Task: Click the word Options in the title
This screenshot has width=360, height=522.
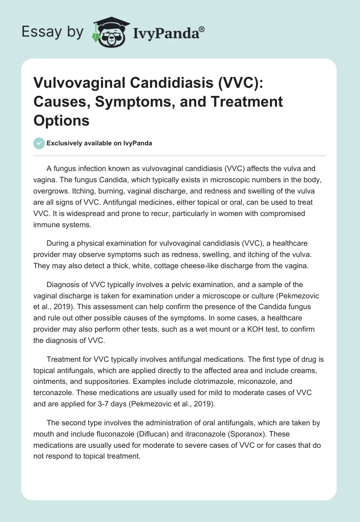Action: click(62, 120)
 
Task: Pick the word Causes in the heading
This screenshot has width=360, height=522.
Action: click(61, 103)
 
